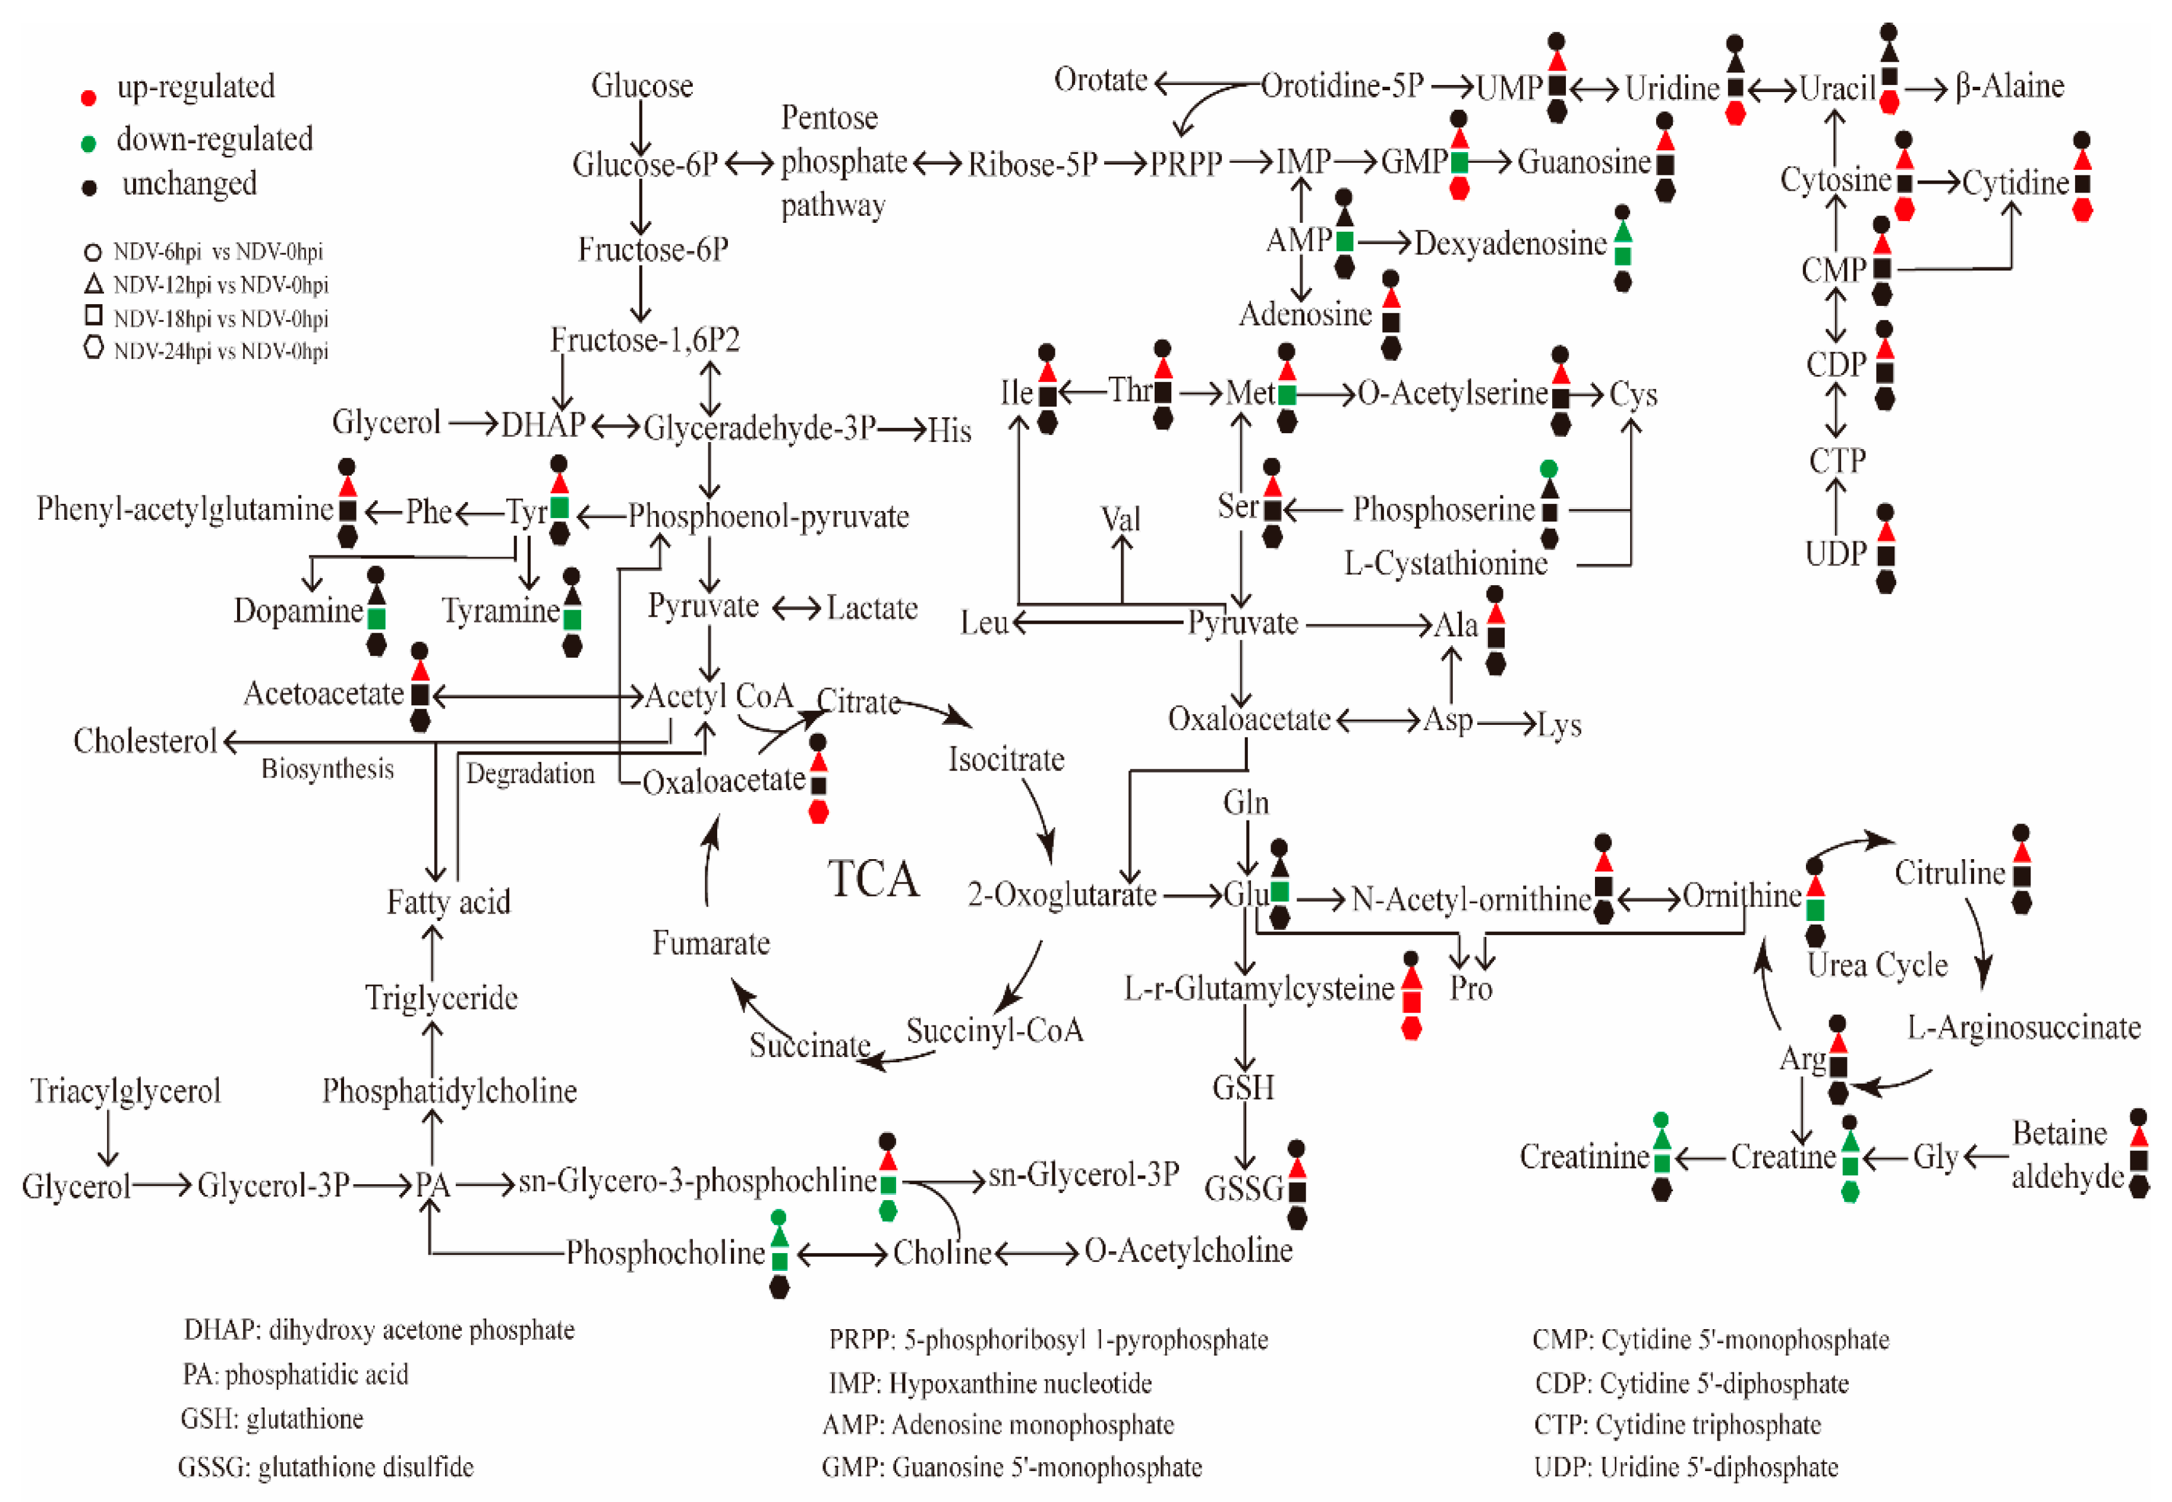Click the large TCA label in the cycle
874,879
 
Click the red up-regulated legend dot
89,97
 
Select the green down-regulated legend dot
89,144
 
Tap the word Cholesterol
145,741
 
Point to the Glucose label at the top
642,86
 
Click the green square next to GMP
1459,162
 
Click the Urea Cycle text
1877,965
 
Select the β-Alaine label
2009,86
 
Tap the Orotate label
1100,80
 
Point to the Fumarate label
711,943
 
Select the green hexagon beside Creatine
1850,1191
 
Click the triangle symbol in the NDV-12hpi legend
93,283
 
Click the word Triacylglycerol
125,1091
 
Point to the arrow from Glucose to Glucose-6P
641,127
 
